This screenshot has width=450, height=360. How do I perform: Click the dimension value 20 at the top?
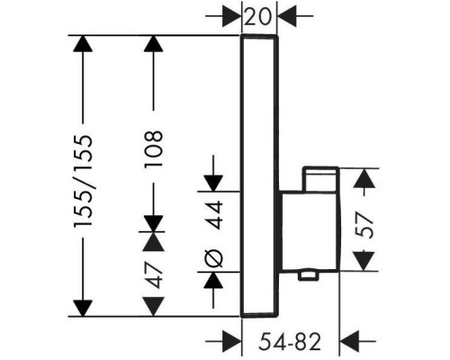[x=257, y=17]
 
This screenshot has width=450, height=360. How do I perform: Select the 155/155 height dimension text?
[x=84, y=182]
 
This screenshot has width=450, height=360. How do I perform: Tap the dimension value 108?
[x=154, y=148]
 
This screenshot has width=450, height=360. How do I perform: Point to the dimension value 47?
[x=154, y=274]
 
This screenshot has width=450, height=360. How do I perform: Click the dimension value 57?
[x=364, y=225]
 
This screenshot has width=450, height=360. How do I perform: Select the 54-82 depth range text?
[x=290, y=342]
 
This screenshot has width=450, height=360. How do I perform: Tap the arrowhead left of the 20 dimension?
[x=232, y=15]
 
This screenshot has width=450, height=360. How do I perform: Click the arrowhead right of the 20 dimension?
[x=287, y=15]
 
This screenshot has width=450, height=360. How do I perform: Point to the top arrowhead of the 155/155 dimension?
[x=83, y=44]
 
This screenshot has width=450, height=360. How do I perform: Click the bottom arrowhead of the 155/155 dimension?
[x=83, y=308]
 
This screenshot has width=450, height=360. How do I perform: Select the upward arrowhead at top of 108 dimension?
[x=154, y=44]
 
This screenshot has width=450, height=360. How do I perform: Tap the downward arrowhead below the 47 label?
[x=154, y=307]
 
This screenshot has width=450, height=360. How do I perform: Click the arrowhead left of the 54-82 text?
[x=231, y=341]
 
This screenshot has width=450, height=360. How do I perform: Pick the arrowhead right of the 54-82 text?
[x=349, y=341]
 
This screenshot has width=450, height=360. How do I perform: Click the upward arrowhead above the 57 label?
[x=364, y=178]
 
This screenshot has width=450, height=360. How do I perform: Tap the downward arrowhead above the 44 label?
[x=213, y=184]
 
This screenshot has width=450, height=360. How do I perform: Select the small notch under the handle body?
[x=308, y=275]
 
